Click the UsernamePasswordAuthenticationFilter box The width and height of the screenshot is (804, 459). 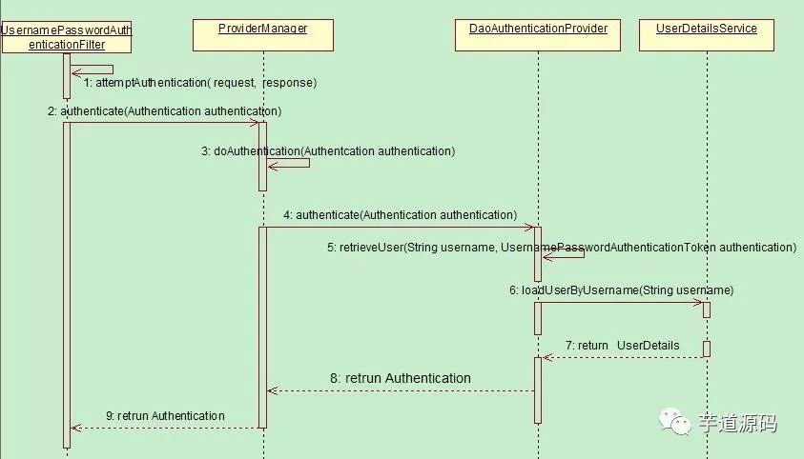tap(67, 37)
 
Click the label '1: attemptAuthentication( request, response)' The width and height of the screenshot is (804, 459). tap(199, 83)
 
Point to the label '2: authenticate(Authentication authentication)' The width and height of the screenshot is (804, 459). tap(164, 110)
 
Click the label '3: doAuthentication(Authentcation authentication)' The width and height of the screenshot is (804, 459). tap(327, 150)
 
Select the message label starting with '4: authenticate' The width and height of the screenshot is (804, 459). tap(400, 215)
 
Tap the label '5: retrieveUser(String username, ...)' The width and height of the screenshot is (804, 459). tap(561, 247)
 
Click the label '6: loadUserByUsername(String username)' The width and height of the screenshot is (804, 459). tap(621, 289)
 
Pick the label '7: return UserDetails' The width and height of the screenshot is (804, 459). tap(622, 345)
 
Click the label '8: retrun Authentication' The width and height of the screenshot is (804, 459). tap(401, 378)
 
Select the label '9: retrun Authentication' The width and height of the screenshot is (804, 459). tap(165, 415)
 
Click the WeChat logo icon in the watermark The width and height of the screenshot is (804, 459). tap(679, 422)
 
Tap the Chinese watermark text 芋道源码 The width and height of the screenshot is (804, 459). tap(737, 423)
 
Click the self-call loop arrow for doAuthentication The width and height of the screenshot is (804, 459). tap(290, 163)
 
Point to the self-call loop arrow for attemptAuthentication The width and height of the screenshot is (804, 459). tap(93, 70)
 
